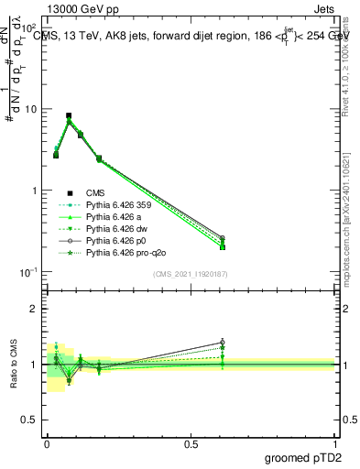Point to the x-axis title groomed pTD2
click(x=304, y=459)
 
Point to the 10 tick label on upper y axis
click(x=30, y=109)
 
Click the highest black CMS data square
click(x=69, y=116)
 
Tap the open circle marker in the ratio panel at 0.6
click(x=222, y=343)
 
